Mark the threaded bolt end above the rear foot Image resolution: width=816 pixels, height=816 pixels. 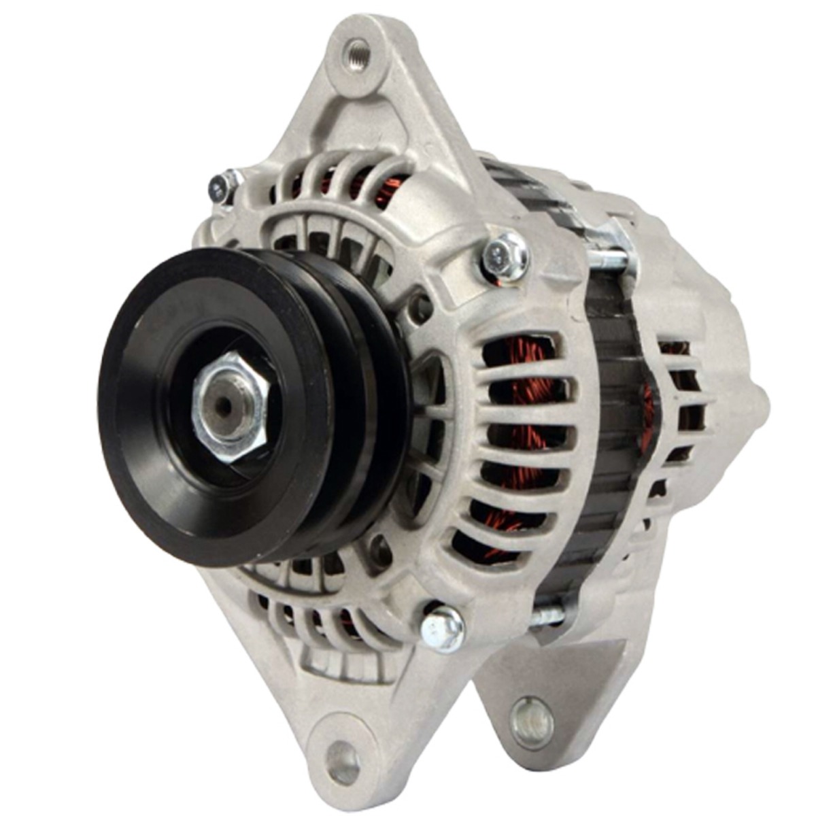pos(548,616)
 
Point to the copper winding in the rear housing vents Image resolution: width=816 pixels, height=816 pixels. pos(649,408)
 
